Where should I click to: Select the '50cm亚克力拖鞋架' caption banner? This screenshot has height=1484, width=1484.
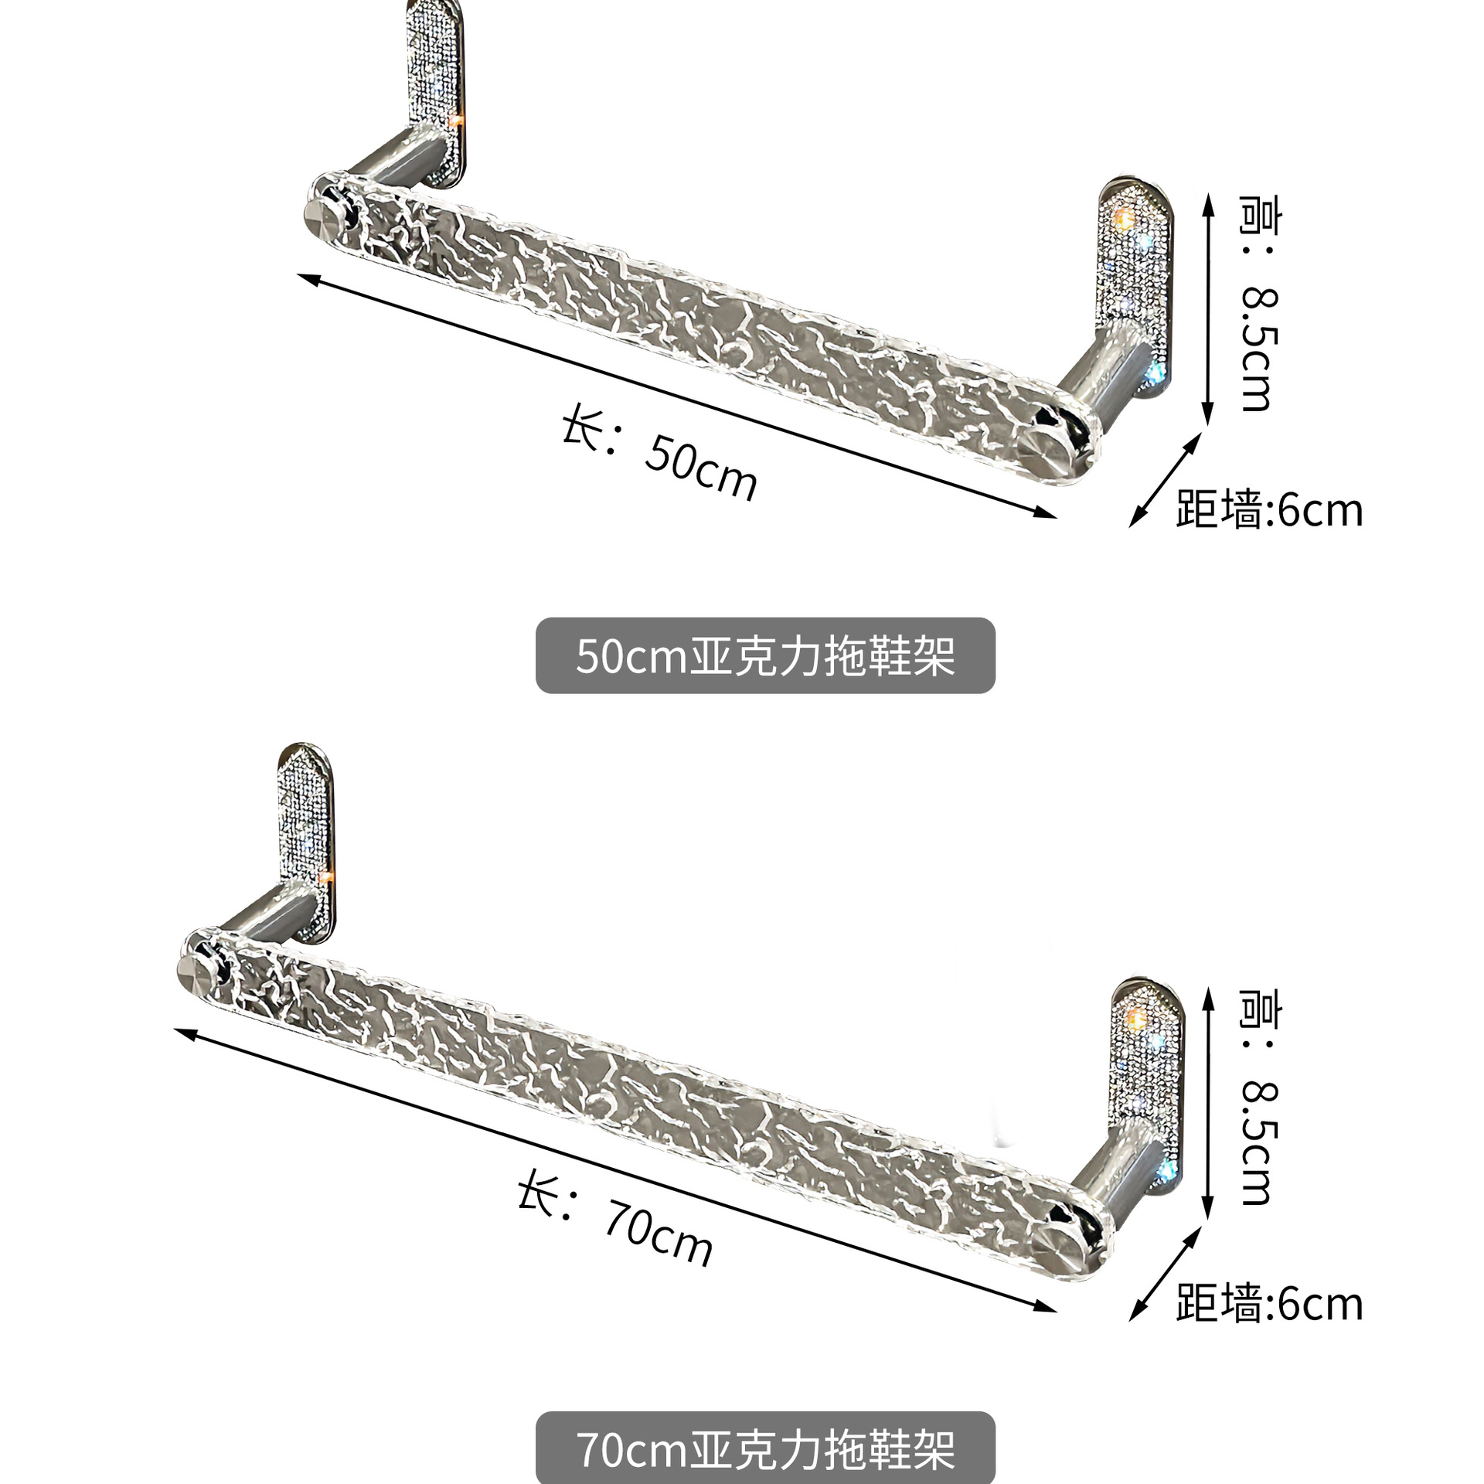tap(764, 655)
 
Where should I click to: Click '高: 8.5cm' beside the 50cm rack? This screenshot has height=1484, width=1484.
tap(1259, 303)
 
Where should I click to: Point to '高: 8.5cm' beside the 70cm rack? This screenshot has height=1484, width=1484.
tap(1259, 1097)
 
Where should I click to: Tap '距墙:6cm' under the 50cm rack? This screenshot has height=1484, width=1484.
tap(1268, 510)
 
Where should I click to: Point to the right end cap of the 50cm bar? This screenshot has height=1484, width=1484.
tap(1043, 452)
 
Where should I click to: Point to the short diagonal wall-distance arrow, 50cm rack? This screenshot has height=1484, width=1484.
tap(1166, 479)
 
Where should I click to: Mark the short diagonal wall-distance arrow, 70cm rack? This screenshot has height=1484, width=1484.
tap(1166, 1273)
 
